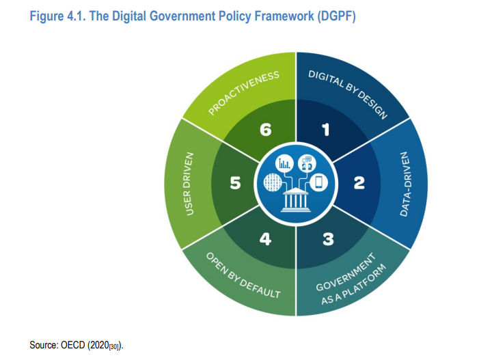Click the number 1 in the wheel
[326, 130]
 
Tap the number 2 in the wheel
[359, 183]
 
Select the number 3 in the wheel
[328, 239]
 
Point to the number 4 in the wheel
[265, 239]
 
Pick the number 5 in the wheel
[235, 183]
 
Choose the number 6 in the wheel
[265, 130]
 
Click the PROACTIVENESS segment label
[243, 93]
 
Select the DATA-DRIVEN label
[405, 184]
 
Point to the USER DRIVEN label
[189, 184]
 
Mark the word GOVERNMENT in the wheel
[346, 272]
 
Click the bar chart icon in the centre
[284, 163]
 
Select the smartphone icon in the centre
[318, 182]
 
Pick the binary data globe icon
[273, 182]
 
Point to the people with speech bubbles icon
[307, 163]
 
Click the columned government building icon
[295, 199]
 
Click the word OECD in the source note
[73, 345]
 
